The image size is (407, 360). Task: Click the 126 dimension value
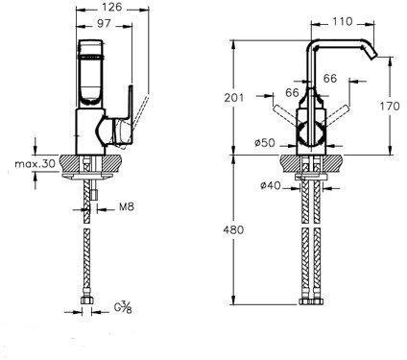pyautogui.click(x=112, y=7)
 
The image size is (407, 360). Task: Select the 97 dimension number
pyautogui.click(x=104, y=23)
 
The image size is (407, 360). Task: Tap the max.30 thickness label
pyautogui.click(x=36, y=164)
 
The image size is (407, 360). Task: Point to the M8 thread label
pyautogui.click(x=127, y=206)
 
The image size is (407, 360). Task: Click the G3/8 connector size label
pyautogui.click(x=123, y=308)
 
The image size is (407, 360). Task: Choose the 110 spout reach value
pyautogui.click(x=342, y=21)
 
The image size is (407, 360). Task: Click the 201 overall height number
pyautogui.click(x=233, y=97)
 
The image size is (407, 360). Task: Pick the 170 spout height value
pyautogui.click(x=390, y=106)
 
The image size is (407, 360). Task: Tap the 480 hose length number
pyautogui.click(x=233, y=229)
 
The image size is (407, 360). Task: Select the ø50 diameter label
pyautogui.click(x=265, y=143)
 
